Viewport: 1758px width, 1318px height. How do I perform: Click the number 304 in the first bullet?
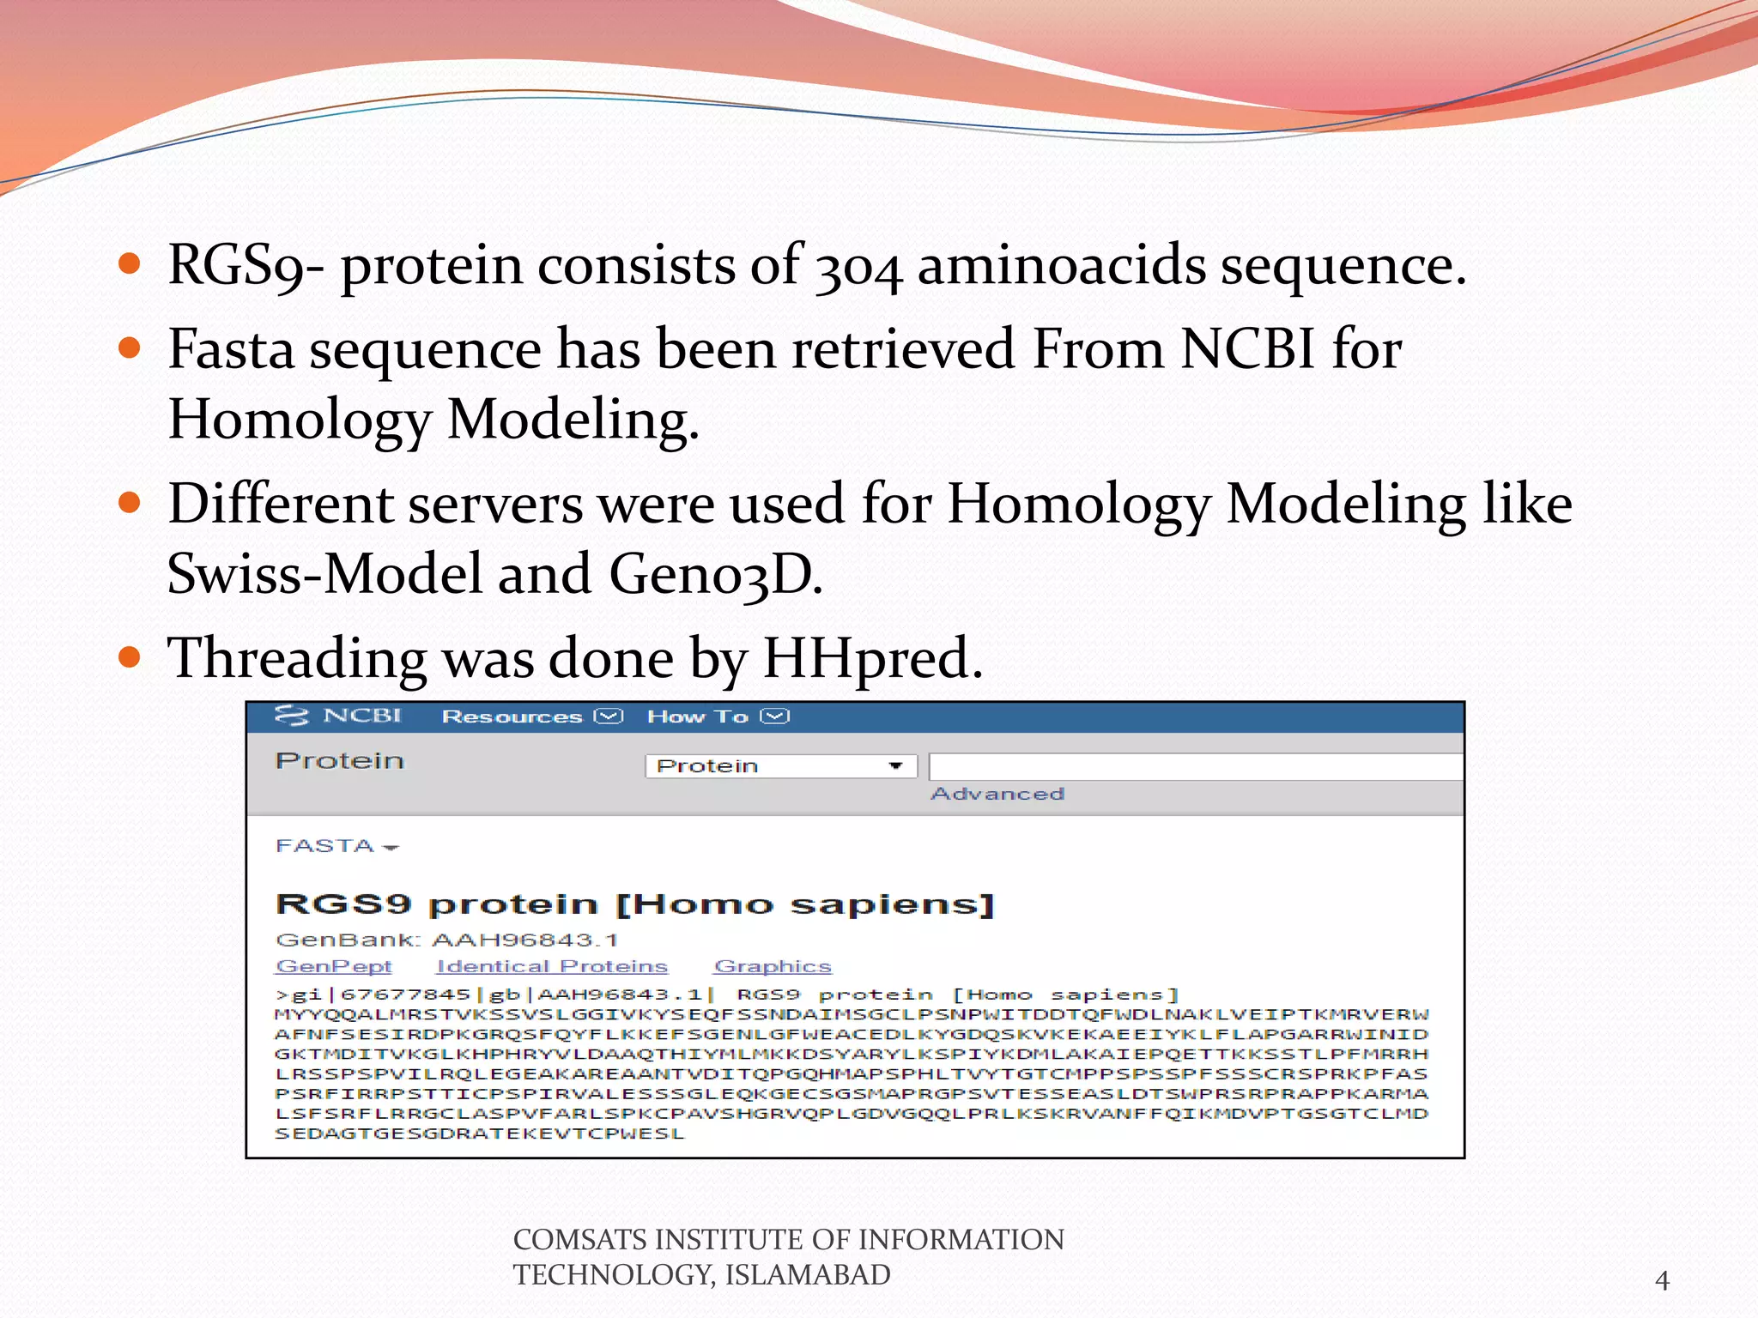[x=858, y=267]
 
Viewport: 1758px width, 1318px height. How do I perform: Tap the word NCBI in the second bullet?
[x=1247, y=350]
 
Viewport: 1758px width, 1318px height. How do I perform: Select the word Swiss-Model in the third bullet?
[x=324, y=574]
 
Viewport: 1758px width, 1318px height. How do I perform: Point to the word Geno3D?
[x=715, y=574]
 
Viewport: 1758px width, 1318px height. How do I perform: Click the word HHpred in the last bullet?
[x=871, y=658]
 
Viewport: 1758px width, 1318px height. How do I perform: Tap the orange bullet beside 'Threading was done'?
[x=130, y=657]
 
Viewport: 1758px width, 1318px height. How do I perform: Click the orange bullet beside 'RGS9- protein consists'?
[x=130, y=263]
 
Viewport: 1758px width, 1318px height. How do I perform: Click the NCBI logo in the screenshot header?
[x=338, y=716]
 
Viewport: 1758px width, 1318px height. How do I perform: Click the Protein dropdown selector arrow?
[x=895, y=765]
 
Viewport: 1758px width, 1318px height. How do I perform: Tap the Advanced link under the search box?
[x=997, y=794]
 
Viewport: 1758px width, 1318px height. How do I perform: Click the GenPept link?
[x=334, y=966]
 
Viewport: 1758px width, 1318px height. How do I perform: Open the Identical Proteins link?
[x=552, y=966]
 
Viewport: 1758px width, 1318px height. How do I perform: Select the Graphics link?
[x=773, y=966]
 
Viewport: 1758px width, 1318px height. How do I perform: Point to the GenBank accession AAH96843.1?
[x=524, y=940]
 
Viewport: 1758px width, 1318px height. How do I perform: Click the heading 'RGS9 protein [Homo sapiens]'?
[x=635, y=904]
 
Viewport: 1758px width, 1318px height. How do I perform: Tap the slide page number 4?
[x=1662, y=1281]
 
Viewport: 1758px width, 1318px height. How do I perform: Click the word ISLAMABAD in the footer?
[x=808, y=1275]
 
